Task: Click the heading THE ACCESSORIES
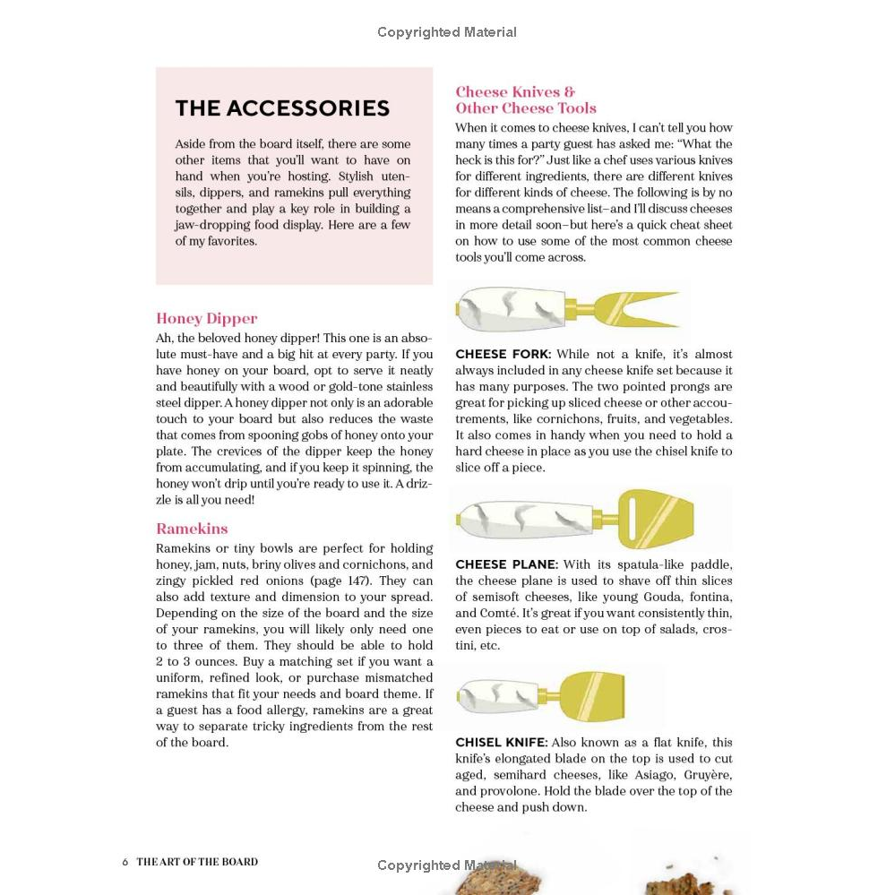pyautogui.click(x=282, y=108)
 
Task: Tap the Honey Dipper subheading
pyautogui.click(x=206, y=318)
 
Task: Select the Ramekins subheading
pyautogui.click(x=192, y=529)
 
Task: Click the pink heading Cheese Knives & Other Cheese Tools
pyautogui.click(x=525, y=99)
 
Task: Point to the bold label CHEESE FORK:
pyautogui.click(x=503, y=354)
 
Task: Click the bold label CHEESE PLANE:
pyautogui.click(x=506, y=564)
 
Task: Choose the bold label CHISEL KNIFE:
pyautogui.click(x=501, y=742)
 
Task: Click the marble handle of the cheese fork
pyautogui.click(x=511, y=307)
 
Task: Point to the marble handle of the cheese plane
pyautogui.click(x=524, y=517)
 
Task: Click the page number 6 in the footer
pyautogui.click(x=125, y=862)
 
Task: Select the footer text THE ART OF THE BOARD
pyautogui.click(x=197, y=862)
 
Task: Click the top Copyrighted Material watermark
pyautogui.click(x=446, y=32)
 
